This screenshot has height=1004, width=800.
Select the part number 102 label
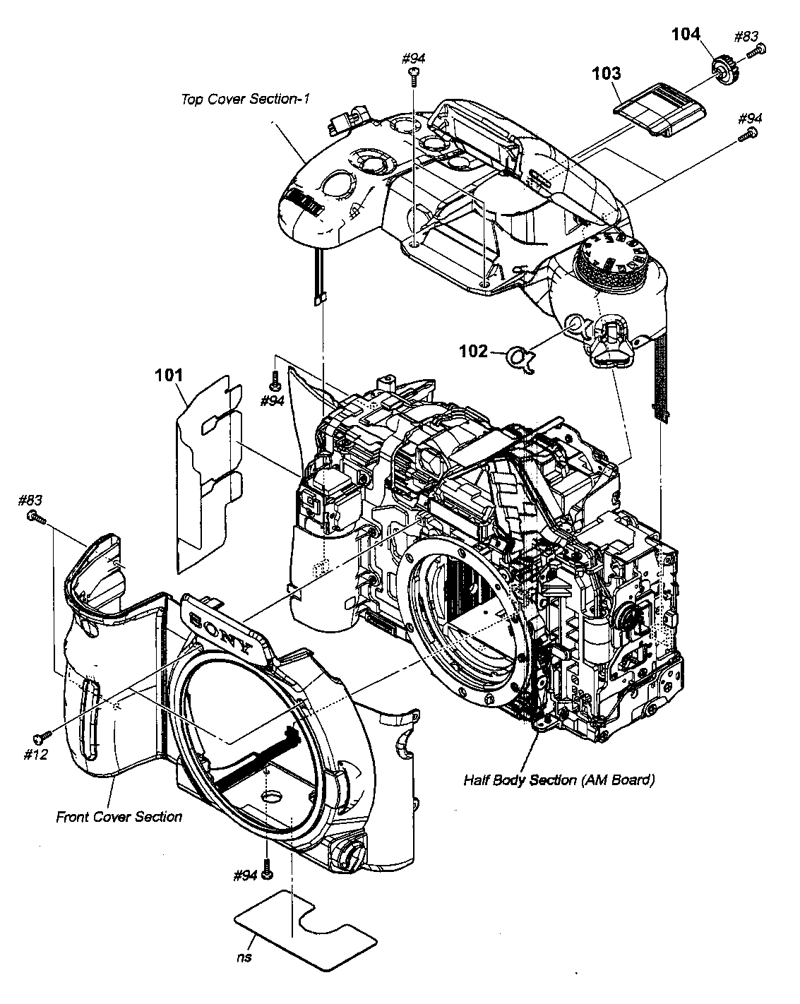click(x=473, y=351)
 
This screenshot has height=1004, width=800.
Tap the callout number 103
click(x=607, y=73)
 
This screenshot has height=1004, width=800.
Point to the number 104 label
click(x=686, y=33)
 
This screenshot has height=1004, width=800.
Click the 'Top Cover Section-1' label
click(x=245, y=99)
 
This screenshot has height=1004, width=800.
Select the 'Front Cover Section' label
click(x=119, y=817)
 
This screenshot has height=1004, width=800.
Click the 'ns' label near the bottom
click(x=244, y=957)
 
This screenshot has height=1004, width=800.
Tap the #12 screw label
click(x=35, y=755)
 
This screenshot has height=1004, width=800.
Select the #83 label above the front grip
click(x=30, y=501)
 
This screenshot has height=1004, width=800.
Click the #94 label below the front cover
click(x=245, y=876)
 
